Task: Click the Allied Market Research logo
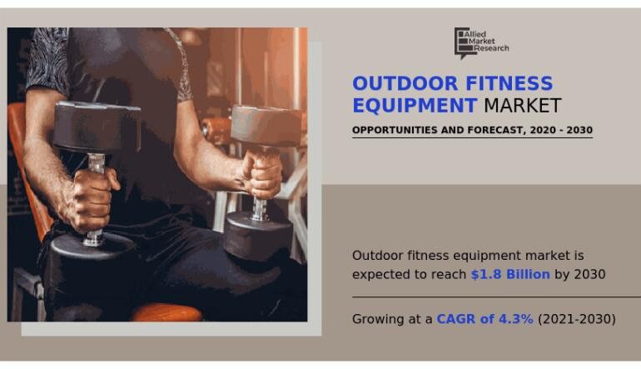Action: click(x=480, y=42)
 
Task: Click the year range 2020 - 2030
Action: click(x=561, y=131)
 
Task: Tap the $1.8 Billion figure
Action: click(x=510, y=275)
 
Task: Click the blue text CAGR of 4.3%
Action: click(x=485, y=319)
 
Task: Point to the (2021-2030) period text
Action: click(x=577, y=319)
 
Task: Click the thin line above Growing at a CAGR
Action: click(x=496, y=297)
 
